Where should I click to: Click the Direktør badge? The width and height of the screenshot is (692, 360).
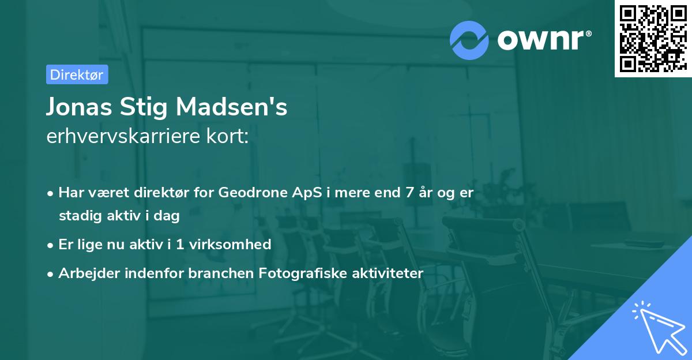pyautogui.click(x=77, y=74)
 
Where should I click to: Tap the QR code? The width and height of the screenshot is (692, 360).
pyautogui.click(x=652, y=38)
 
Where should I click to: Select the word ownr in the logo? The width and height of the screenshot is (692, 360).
pyautogui.click(x=543, y=39)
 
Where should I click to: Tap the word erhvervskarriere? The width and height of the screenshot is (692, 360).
pyautogui.click(x=118, y=137)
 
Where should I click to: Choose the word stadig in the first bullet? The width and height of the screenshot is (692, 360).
pyautogui.click(x=78, y=216)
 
